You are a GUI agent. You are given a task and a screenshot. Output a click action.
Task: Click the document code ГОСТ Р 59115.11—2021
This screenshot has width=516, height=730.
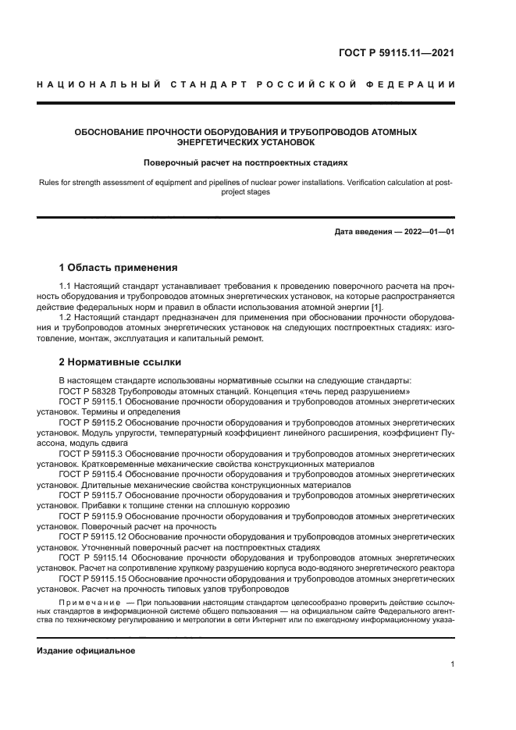coord(396,53)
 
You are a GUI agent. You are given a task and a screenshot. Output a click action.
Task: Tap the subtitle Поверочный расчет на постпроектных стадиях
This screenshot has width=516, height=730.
coord(245,163)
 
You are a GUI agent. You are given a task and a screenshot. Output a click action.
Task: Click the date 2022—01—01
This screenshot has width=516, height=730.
coord(427,232)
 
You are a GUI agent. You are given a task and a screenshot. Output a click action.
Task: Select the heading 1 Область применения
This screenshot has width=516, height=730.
coord(119,267)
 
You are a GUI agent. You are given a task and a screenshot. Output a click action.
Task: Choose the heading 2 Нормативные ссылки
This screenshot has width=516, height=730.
coord(120,362)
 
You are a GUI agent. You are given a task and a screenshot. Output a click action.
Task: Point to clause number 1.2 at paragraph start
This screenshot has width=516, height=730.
coord(66,318)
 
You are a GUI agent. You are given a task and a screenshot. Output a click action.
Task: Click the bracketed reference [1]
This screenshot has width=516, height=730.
coord(376,308)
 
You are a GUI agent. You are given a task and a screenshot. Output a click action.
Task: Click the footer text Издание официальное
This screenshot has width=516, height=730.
coord(86,650)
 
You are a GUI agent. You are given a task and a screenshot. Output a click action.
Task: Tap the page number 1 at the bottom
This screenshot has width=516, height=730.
coord(452,664)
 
